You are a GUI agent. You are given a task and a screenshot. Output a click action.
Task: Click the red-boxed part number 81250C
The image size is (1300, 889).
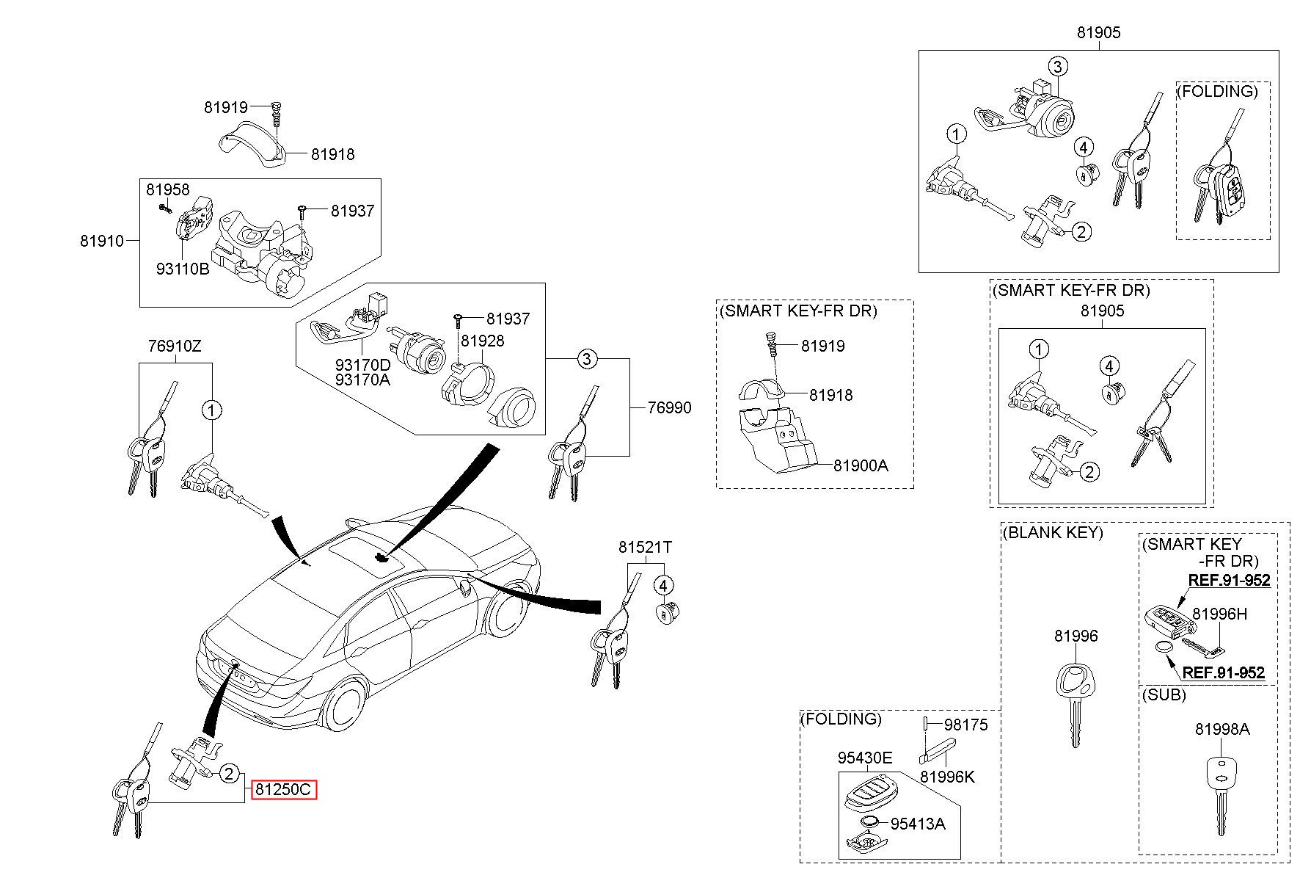284,790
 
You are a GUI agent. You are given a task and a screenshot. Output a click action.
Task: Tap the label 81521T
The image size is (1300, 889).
645,547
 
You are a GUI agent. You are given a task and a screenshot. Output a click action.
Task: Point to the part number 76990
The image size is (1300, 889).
668,407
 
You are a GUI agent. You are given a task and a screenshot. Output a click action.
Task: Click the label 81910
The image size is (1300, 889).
103,240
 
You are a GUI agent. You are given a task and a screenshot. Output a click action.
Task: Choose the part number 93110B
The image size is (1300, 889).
183,269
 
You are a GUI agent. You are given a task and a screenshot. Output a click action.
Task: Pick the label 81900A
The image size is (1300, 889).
861,465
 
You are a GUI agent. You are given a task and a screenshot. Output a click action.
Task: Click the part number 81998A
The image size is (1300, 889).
1222,729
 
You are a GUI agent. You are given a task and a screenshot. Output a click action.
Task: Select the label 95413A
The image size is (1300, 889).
918,824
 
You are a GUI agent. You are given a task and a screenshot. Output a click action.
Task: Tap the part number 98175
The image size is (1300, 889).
966,725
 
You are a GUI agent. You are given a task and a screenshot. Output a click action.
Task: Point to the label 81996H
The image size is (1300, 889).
1219,614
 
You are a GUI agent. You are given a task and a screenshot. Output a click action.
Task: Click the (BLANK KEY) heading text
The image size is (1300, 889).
1053,532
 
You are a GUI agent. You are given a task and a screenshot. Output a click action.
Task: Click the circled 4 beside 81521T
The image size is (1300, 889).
663,586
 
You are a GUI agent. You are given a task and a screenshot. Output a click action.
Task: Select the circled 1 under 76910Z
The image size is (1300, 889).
212,410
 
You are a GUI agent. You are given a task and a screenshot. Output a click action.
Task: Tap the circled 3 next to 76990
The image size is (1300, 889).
586,359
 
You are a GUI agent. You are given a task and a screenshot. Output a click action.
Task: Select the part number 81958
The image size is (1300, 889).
168,189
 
